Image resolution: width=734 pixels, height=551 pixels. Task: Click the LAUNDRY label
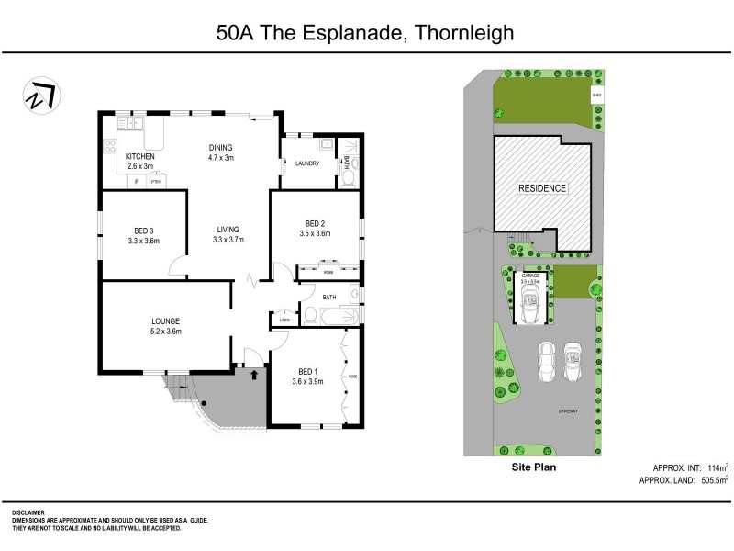coord(306,164)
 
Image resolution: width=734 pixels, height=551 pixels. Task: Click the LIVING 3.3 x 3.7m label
coord(228,234)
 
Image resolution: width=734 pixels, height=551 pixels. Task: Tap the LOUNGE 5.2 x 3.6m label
coord(166,326)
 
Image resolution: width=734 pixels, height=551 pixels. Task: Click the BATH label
coord(330,297)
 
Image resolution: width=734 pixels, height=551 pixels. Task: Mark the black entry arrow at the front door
coord(253,375)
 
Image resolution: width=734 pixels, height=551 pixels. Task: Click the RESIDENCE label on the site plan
coord(542,188)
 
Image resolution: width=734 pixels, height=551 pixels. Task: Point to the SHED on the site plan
coord(596,95)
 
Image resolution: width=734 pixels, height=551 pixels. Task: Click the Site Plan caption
coord(533,467)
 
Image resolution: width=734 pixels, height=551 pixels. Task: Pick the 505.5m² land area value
coord(710,479)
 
